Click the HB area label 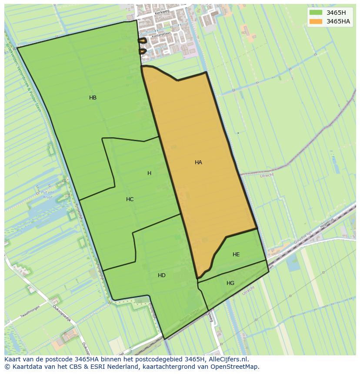tap(93, 98)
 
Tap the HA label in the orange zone tap(198, 162)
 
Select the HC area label tap(130, 199)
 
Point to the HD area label tap(162, 275)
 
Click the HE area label tap(236, 255)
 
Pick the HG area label tap(230, 283)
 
